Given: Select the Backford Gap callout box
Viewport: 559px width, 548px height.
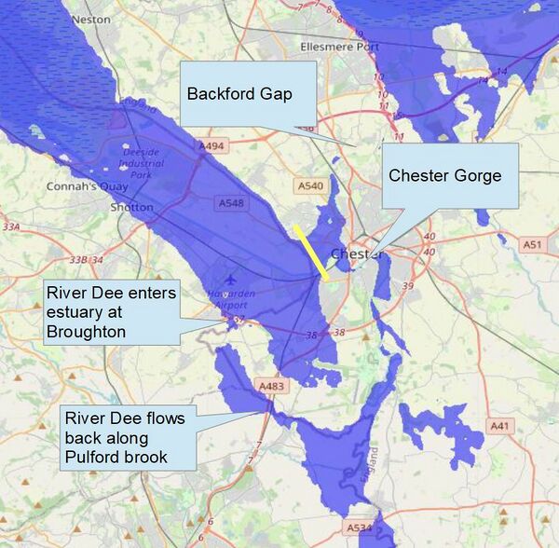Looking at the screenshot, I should [247, 94].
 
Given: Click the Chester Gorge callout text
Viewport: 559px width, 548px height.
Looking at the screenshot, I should [444, 175].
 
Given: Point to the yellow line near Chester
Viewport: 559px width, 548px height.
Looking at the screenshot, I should [310, 250].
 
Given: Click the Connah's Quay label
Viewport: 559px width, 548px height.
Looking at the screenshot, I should [79, 186].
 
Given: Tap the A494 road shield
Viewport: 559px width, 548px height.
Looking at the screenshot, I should [212, 145].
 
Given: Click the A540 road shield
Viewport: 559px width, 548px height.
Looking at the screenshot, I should [310, 186].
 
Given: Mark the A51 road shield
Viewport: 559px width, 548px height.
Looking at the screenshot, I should [532, 244].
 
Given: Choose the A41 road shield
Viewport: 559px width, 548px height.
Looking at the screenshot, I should [500, 425].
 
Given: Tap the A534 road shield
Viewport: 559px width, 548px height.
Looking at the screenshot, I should [359, 527].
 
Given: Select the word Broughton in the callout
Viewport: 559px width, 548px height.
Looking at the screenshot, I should [86, 332].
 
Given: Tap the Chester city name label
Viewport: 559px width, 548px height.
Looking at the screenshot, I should [352, 253].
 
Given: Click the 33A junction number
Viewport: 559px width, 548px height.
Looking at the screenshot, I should [11, 226].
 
